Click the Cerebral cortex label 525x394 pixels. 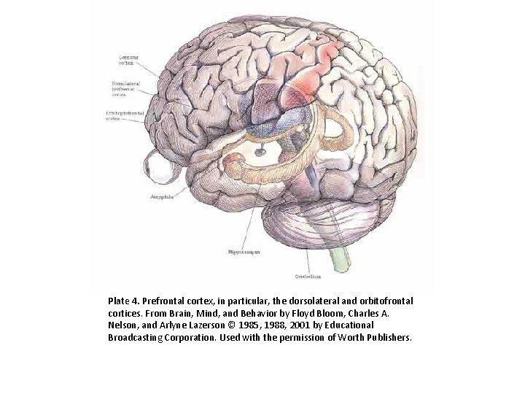pos(131,60)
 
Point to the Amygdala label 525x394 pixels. pos(160,196)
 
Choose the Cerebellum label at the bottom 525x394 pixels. pos(308,277)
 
